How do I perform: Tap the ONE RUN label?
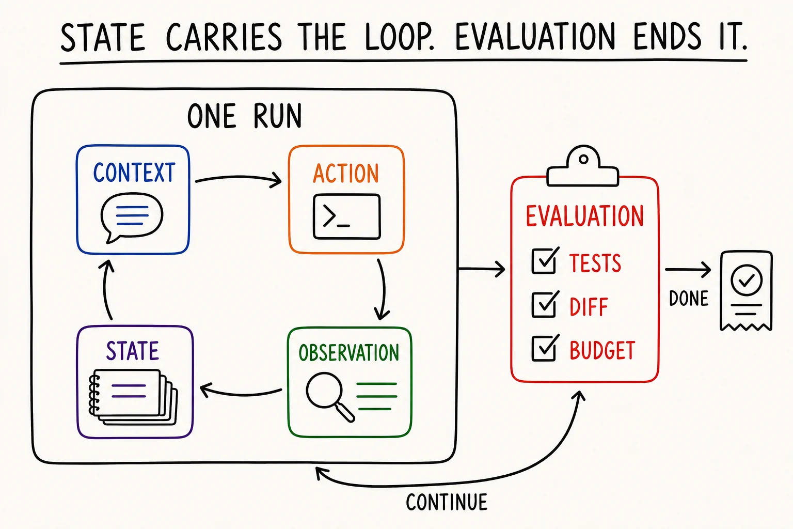(x=244, y=116)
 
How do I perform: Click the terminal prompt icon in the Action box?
(x=346, y=216)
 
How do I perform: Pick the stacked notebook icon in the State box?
(x=133, y=397)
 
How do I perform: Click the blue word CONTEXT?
(x=134, y=173)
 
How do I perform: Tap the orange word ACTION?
(x=346, y=173)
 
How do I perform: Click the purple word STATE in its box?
(x=132, y=351)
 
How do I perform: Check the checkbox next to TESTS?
(x=545, y=260)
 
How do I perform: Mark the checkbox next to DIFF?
(x=545, y=304)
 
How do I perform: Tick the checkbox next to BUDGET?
(x=545, y=348)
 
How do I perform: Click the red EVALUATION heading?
(x=584, y=216)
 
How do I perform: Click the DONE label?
(x=689, y=299)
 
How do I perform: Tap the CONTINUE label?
(x=447, y=502)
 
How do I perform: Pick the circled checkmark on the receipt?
(x=746, y=280)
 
